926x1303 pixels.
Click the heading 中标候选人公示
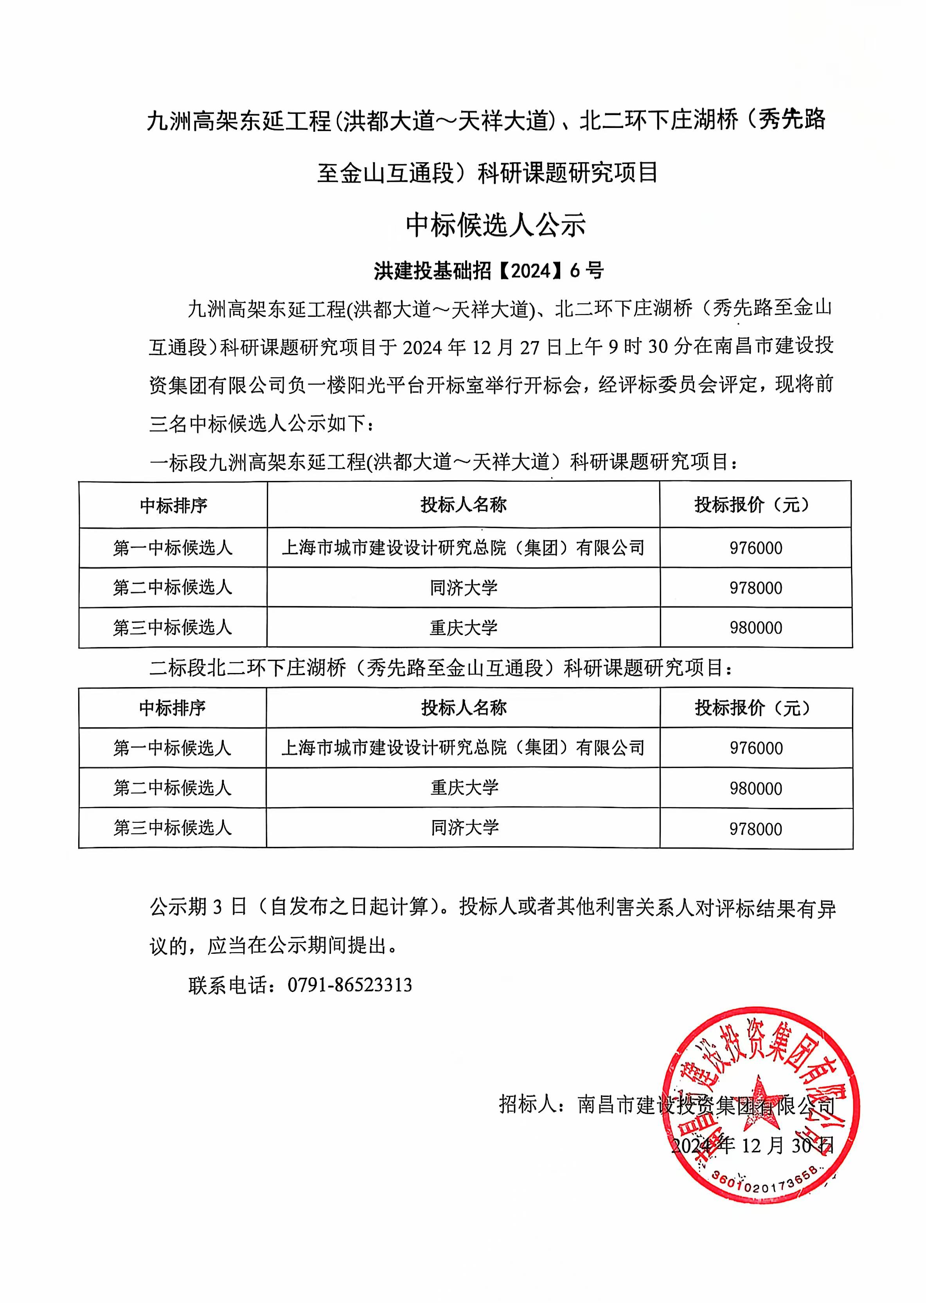[496, 225]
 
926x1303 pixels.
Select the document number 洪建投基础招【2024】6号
[489, 271]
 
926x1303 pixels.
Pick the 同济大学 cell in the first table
[464, 588]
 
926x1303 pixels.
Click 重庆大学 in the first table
[464, 628]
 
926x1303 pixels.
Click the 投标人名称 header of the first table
[464, 504]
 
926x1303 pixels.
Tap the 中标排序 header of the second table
[172, 708]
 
